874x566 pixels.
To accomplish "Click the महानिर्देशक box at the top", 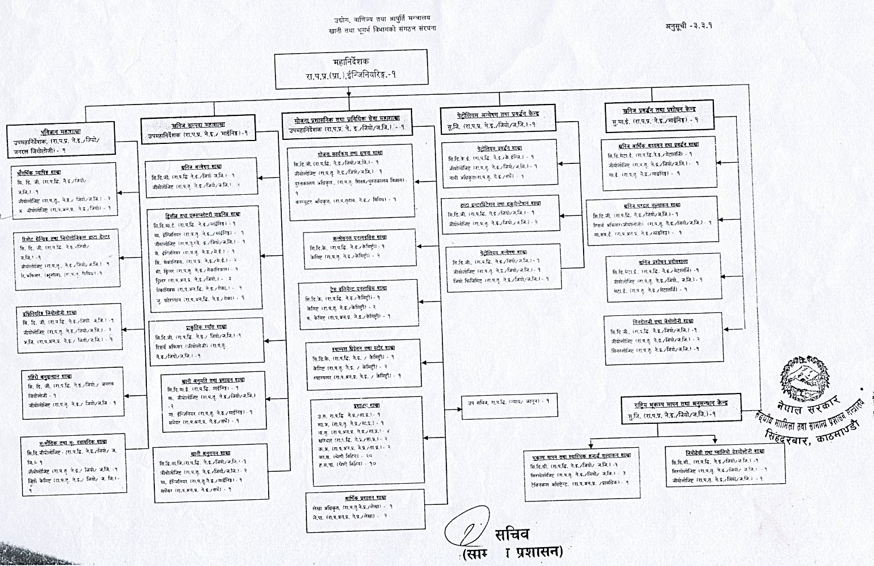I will point(351,69).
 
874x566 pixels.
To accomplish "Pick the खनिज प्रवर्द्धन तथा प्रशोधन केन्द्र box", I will point(659,115).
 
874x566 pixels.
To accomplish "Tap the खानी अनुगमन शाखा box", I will point(210,474).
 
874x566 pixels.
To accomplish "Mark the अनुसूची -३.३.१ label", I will point(688,26).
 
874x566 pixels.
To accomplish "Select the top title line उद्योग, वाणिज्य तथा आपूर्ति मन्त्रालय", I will point(382,19).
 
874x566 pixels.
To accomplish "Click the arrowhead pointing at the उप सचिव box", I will point(464,408).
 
